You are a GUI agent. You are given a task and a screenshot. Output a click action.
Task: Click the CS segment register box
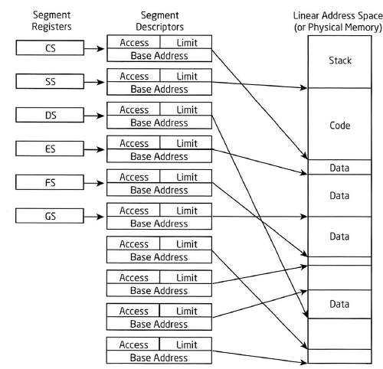[x=50, y=47]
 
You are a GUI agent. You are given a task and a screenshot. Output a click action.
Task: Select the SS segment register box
[x=50, y=81]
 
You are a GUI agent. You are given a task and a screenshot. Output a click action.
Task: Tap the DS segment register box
[x=50, y=115]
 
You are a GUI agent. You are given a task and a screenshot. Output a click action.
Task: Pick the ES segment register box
[x=50, y=149]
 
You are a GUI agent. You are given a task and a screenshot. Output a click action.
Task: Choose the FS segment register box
[x=50, y=182]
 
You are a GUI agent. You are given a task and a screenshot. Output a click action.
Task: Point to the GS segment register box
[x=50, y=216]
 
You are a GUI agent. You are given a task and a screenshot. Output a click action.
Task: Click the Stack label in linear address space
[x=340, y=60]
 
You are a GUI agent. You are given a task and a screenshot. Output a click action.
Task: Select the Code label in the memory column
[x=339, y=126]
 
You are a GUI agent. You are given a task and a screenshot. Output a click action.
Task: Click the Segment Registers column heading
[x=51, y=21]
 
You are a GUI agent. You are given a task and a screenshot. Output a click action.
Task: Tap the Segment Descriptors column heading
[x=159, y=21]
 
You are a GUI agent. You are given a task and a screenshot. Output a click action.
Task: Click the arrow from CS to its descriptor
[x=94, y=48]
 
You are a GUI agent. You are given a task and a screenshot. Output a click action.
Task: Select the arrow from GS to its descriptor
[x=94, y=217]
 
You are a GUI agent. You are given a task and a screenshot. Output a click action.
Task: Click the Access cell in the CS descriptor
[x=133, y=42]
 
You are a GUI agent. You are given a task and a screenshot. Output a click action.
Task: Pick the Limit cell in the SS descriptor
[x=186, y=76]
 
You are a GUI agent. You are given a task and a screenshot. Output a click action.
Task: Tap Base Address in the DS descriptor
[x=159, y=122]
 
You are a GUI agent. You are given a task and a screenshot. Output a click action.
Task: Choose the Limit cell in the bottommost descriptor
[x=186, y=345]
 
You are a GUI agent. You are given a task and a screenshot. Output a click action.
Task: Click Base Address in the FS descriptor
[x=159, y=190]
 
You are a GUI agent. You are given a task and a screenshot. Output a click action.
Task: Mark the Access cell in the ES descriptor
[x=133, y=143]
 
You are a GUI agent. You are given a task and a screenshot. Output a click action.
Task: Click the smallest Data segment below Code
[x=339, y=168]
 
